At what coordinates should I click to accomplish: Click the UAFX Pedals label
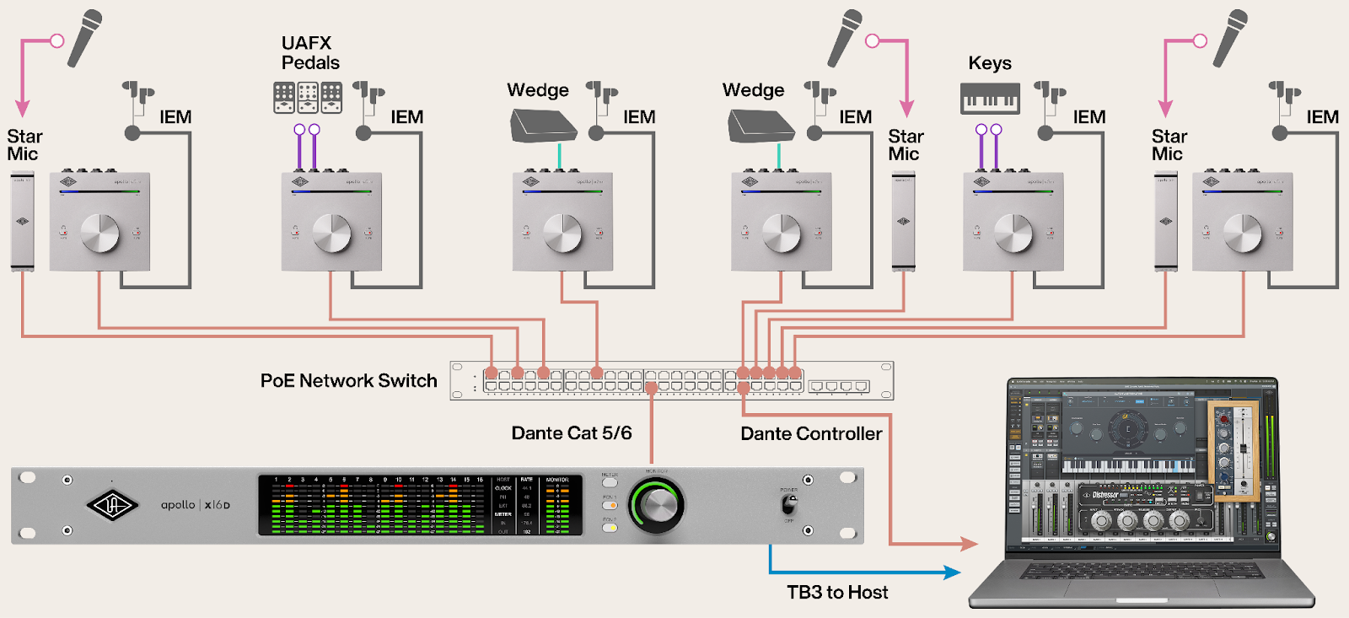click(x=309, y=52)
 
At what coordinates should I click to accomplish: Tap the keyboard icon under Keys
click(x=990, y=99)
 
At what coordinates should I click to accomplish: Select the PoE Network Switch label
click(x=348, y=381)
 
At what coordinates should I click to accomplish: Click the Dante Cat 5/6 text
click(x=571, y=433)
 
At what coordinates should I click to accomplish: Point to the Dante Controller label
click(x=811, y=434)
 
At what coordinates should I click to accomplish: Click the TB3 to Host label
click(x=837, y=593)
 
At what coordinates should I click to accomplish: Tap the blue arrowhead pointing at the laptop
click(x=953, y=572)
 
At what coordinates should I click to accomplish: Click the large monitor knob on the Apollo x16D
click(x=657, y=504)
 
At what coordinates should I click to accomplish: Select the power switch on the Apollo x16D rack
click(x=788, y=504)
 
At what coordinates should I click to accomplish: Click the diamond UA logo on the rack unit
click(x=112, y=505)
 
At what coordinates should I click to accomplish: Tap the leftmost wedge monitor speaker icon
click(x=542, y=126)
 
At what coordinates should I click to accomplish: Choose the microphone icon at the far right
click(x=1230, y=38)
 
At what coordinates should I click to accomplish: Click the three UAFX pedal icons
click(x=308, y=98)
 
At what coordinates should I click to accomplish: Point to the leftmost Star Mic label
click(x=24, y=145)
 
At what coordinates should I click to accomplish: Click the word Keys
click(x=990, y=63)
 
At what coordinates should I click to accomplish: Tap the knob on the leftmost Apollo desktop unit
click(x=99, y=234)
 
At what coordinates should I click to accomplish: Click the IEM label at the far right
click(x=1322, y=117)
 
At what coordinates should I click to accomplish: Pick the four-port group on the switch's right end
click(x=838, y=386)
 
